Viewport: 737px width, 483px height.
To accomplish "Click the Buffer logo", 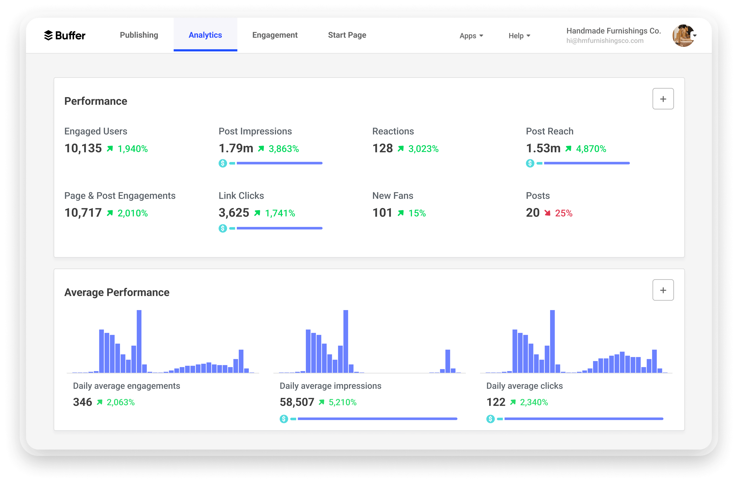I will click(64, 35).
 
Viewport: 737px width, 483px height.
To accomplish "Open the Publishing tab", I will click(139, 35).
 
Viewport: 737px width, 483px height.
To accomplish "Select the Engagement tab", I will click(275, 35).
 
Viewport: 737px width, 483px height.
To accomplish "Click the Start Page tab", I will click(347, 35).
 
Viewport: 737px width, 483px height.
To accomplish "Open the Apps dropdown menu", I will click(471, 36).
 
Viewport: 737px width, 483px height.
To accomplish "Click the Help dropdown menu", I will click(519, 36).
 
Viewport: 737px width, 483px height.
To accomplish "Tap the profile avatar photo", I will click(683, 36).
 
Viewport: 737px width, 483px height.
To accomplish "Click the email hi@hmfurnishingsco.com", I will click(605, 41).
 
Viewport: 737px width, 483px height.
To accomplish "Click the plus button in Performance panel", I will click(663, 99).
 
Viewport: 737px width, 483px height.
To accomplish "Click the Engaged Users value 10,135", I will click(83, 148).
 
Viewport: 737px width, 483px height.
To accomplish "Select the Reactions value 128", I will click(382, 148).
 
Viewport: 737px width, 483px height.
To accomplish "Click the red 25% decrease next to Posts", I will click(563, 213).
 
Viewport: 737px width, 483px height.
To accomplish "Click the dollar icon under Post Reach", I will click(530, 163).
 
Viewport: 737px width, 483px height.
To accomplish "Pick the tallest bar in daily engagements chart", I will click(139, 341).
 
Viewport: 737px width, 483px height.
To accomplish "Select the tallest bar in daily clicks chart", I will click(552, 341).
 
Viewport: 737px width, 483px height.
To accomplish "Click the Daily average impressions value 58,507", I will click(297, 402).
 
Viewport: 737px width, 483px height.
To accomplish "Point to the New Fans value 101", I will click(382, 213).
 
